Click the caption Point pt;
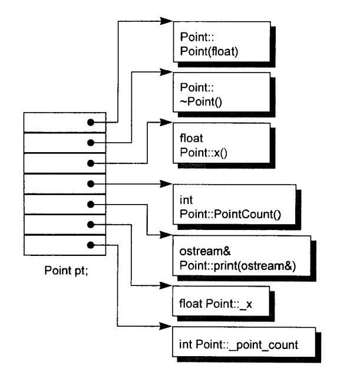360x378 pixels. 66,271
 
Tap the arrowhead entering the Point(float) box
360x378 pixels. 166,21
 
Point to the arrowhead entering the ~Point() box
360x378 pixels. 166,72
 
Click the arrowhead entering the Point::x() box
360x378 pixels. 166,122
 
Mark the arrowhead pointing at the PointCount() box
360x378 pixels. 166,184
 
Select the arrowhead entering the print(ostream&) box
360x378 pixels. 166,235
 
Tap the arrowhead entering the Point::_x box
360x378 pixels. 166,285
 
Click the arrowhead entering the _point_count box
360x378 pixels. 166,327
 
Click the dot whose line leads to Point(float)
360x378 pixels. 91,123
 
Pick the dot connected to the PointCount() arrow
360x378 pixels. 91,184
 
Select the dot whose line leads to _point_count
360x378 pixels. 91,245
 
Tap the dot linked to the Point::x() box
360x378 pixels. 91,163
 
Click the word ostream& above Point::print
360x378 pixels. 205,251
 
